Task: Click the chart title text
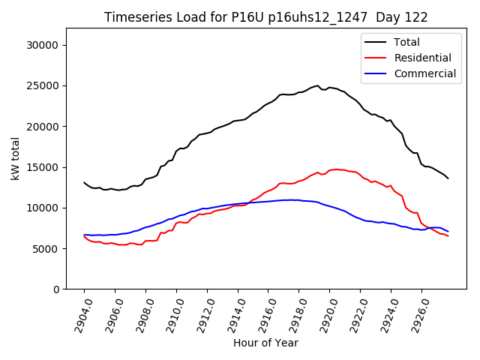(265, 17)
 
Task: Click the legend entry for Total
(406, 42)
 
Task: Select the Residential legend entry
(422, 58)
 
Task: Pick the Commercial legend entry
(424, 73)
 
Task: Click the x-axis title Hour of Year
(265, 343)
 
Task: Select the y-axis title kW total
(16, 159)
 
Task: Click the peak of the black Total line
(317, 85)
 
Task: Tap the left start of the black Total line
(84, 182)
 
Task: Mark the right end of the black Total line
(448, 178)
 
